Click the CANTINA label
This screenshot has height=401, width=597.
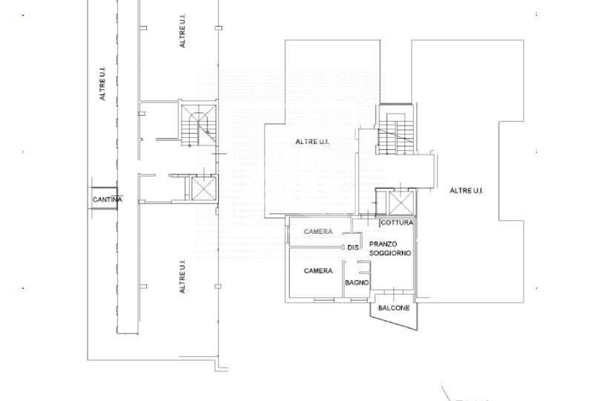click(108, 199)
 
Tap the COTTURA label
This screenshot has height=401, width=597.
click(397, 223)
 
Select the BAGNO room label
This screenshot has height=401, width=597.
click(357, 282)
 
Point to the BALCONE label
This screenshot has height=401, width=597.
click(394, 307)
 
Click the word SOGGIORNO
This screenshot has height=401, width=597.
click(390, 253)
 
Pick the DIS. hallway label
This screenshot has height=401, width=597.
click(353, 248)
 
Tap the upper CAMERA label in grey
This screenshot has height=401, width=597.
click(318, 232)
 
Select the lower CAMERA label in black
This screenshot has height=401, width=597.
click(318, 270)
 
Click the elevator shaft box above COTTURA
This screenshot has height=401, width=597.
click(400, 203)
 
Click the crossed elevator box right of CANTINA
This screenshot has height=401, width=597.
click(204, 189)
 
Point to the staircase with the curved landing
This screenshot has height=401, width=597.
click(198, 125)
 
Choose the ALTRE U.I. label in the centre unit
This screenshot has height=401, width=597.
click(312, 142)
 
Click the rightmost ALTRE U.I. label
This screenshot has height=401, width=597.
click(466, 191)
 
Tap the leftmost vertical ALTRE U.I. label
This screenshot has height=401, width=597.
click(102, 84)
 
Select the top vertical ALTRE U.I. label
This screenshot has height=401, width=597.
click(182, 31)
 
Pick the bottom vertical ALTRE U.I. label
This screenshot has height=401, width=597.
click(182, 276)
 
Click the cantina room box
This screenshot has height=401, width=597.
click(103, 198)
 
